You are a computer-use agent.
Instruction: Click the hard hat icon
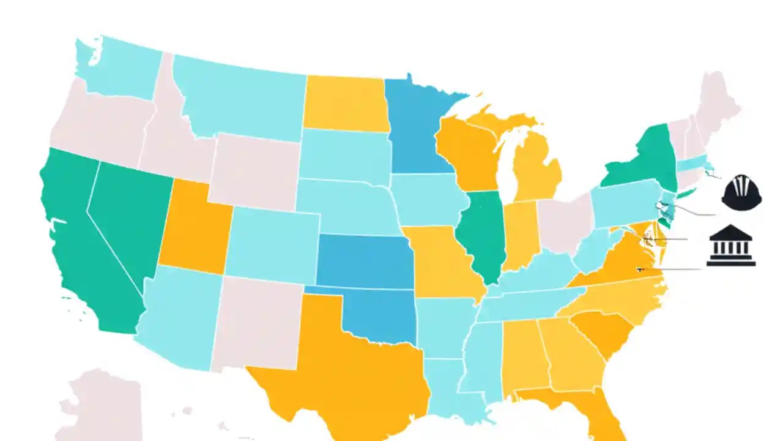[x=741, y=193]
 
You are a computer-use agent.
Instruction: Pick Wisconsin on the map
[x=468, y=153]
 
